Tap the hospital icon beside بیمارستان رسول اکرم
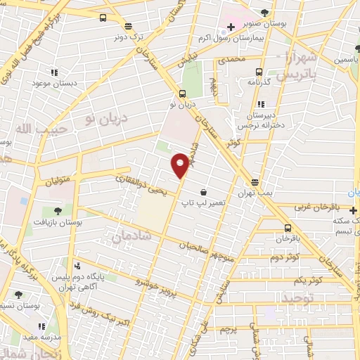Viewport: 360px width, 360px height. [231, 26]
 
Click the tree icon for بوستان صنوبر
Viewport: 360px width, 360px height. [264, 12]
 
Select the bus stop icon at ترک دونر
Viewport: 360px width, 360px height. [103, 18]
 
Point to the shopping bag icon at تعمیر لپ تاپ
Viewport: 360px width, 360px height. [203, 191]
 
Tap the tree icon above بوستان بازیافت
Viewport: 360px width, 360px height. [58, 210]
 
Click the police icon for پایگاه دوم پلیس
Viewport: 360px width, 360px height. [77, 266]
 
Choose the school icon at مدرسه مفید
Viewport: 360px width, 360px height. [41, 326]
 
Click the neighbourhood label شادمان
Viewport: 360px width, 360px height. [127, 236]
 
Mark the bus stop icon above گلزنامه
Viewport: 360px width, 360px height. [259, 72]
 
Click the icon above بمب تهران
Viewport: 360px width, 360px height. [255, 181]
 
